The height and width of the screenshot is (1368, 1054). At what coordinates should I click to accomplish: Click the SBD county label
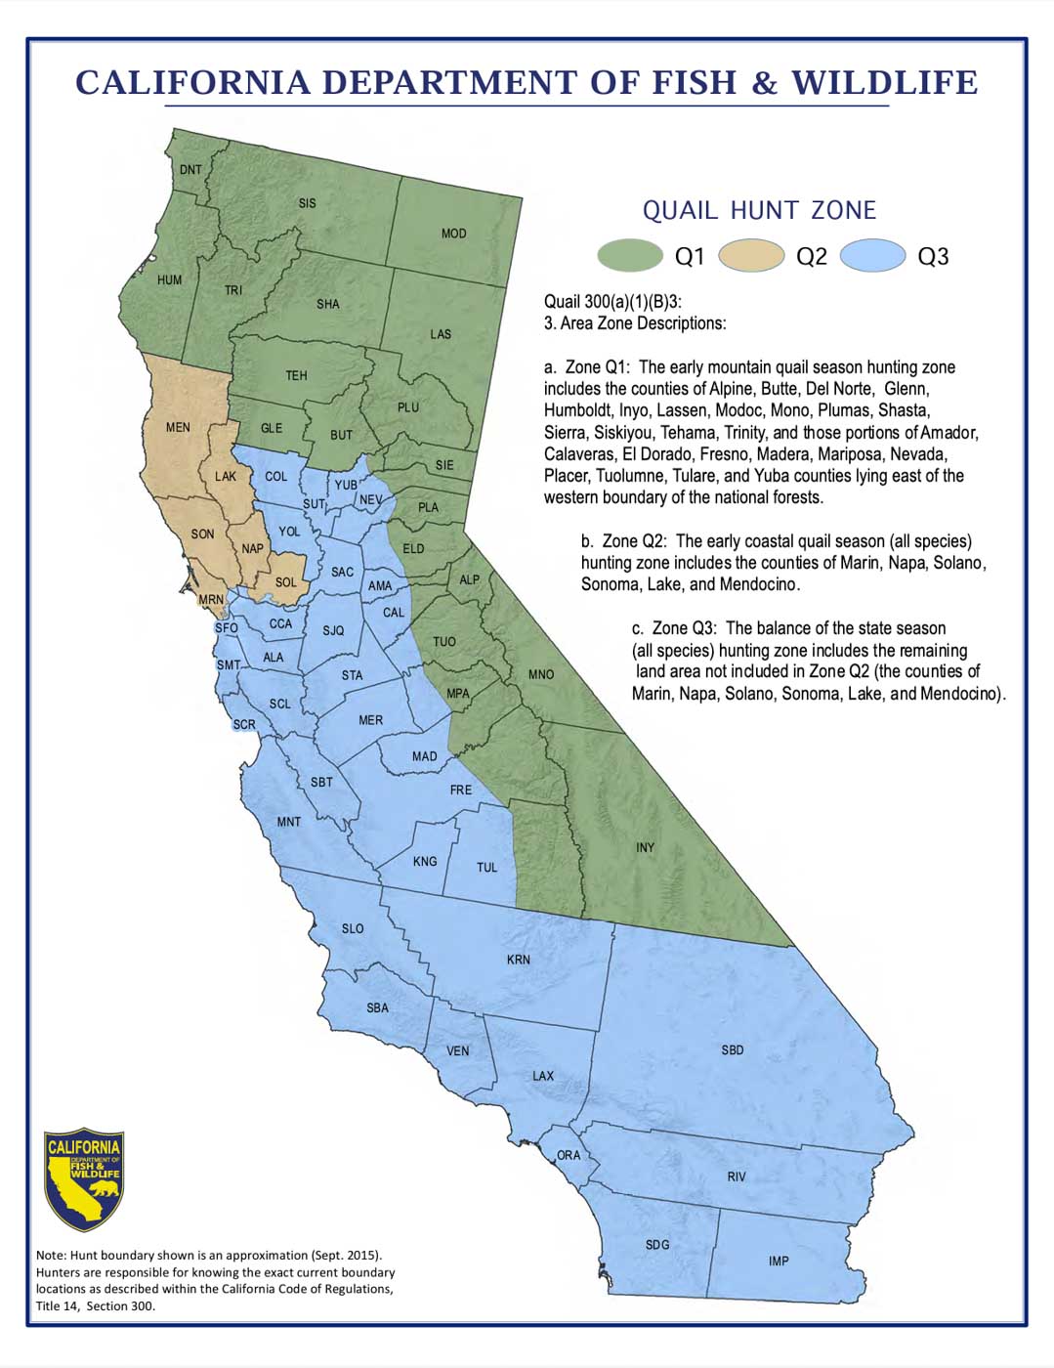pyautogui.click(x=732, y=1050)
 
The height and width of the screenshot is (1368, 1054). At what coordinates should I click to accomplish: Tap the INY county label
pyautogui.click(x=645, y=848)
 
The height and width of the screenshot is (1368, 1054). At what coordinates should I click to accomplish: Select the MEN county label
pyautogui.click(x=178, y=428)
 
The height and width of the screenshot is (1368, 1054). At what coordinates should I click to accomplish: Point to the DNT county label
pyautogui.click(x=190, y=170)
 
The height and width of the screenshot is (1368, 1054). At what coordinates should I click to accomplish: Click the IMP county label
pyautogui.click(x=778, y=1261)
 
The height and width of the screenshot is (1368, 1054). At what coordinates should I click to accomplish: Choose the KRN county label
pyautogui.click(x=518, y=961)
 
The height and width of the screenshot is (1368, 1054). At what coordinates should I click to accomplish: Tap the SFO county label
pyautogui.click(x=226, y=628)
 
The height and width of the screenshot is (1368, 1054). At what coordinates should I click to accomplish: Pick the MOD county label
pyautogui.click(x=453, y=235)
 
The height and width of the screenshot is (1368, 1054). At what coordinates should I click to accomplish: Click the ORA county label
pyautogui.click(x=569, y=1156)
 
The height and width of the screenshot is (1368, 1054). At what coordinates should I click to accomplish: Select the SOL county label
pyautogui.click(x=285, y=582)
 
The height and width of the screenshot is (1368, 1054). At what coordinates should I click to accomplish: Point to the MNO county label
pyautogui.click(x=540, y=675)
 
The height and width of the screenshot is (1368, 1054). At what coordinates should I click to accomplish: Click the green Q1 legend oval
pyautogui.click(x=630, y=256)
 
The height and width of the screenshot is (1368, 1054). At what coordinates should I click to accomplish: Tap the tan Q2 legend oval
pyautogui.click(x=751, y=256)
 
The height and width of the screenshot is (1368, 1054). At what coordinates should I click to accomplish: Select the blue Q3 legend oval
pyautogui.click(x=872, y=256)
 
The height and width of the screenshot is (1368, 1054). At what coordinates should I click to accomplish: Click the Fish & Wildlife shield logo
pyautogui.click(x=84, y=1179)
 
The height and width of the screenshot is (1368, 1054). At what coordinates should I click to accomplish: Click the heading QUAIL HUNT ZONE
pyautogui.click(x=759, y=210)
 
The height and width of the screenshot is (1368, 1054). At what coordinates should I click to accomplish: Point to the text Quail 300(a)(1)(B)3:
pyautogui.click(x=612, y=302)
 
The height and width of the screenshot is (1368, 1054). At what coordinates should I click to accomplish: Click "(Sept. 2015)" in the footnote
pyautogui.click(x=347, y=1256)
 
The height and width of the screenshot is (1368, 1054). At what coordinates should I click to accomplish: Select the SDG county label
pyautogui.click(x=657, y=1245)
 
